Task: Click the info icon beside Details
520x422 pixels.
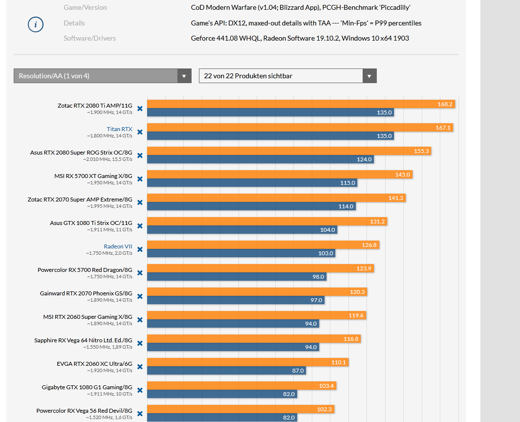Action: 36,24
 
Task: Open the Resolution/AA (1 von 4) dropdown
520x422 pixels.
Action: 102,76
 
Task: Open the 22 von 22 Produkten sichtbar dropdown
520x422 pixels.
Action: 287,76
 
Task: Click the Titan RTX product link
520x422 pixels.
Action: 119,129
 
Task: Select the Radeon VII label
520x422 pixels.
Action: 118,246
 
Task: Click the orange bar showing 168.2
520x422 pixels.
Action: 301,104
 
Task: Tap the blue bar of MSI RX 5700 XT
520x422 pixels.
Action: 252,183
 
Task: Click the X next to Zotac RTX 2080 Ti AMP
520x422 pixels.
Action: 140,109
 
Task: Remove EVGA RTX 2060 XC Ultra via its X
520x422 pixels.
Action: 140,367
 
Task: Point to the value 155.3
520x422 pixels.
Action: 421,151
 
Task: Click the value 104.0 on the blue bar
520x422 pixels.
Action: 327,230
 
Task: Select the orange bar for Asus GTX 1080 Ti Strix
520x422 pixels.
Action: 266,222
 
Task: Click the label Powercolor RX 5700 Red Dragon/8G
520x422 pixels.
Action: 85,270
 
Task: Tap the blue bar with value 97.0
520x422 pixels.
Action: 235,300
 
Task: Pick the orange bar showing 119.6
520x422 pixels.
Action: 257,315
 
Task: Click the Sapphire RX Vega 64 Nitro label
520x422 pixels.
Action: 83,340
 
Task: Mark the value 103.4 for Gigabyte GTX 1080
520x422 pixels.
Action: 326,386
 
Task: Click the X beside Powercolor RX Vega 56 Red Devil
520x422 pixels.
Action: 140,414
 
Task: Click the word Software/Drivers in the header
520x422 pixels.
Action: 89,38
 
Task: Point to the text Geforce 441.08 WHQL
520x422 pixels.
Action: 225,38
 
